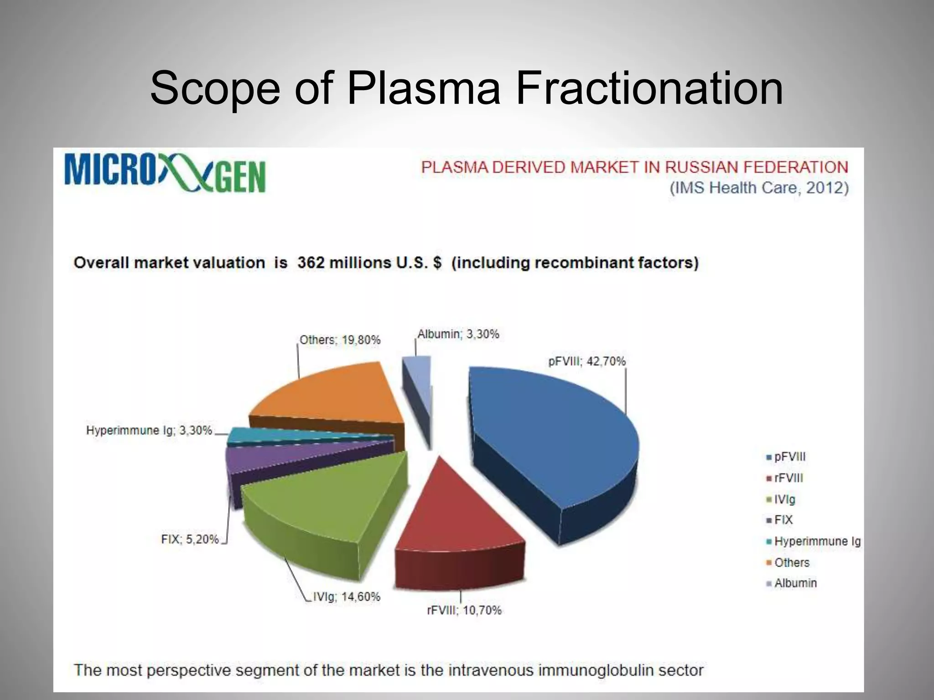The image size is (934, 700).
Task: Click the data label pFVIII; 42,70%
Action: (586, 361)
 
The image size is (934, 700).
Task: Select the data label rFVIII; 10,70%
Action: (464, 610)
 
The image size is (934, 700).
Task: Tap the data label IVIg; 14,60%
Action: (346, 597)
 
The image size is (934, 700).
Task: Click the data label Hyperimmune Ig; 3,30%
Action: (149, 430)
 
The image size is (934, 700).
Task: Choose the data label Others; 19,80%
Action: (340, 340)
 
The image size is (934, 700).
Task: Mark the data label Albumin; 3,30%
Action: (458, 334)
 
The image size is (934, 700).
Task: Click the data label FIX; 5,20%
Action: (190, 539)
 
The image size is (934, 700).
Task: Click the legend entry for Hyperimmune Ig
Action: (816, 541)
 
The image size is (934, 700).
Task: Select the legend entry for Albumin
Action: (795, 583)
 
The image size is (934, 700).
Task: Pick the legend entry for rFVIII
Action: (788, 478)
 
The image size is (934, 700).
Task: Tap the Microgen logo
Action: (165, 172)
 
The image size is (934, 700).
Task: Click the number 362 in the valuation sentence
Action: (311, 263)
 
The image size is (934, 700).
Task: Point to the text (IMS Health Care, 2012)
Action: (759, 188)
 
